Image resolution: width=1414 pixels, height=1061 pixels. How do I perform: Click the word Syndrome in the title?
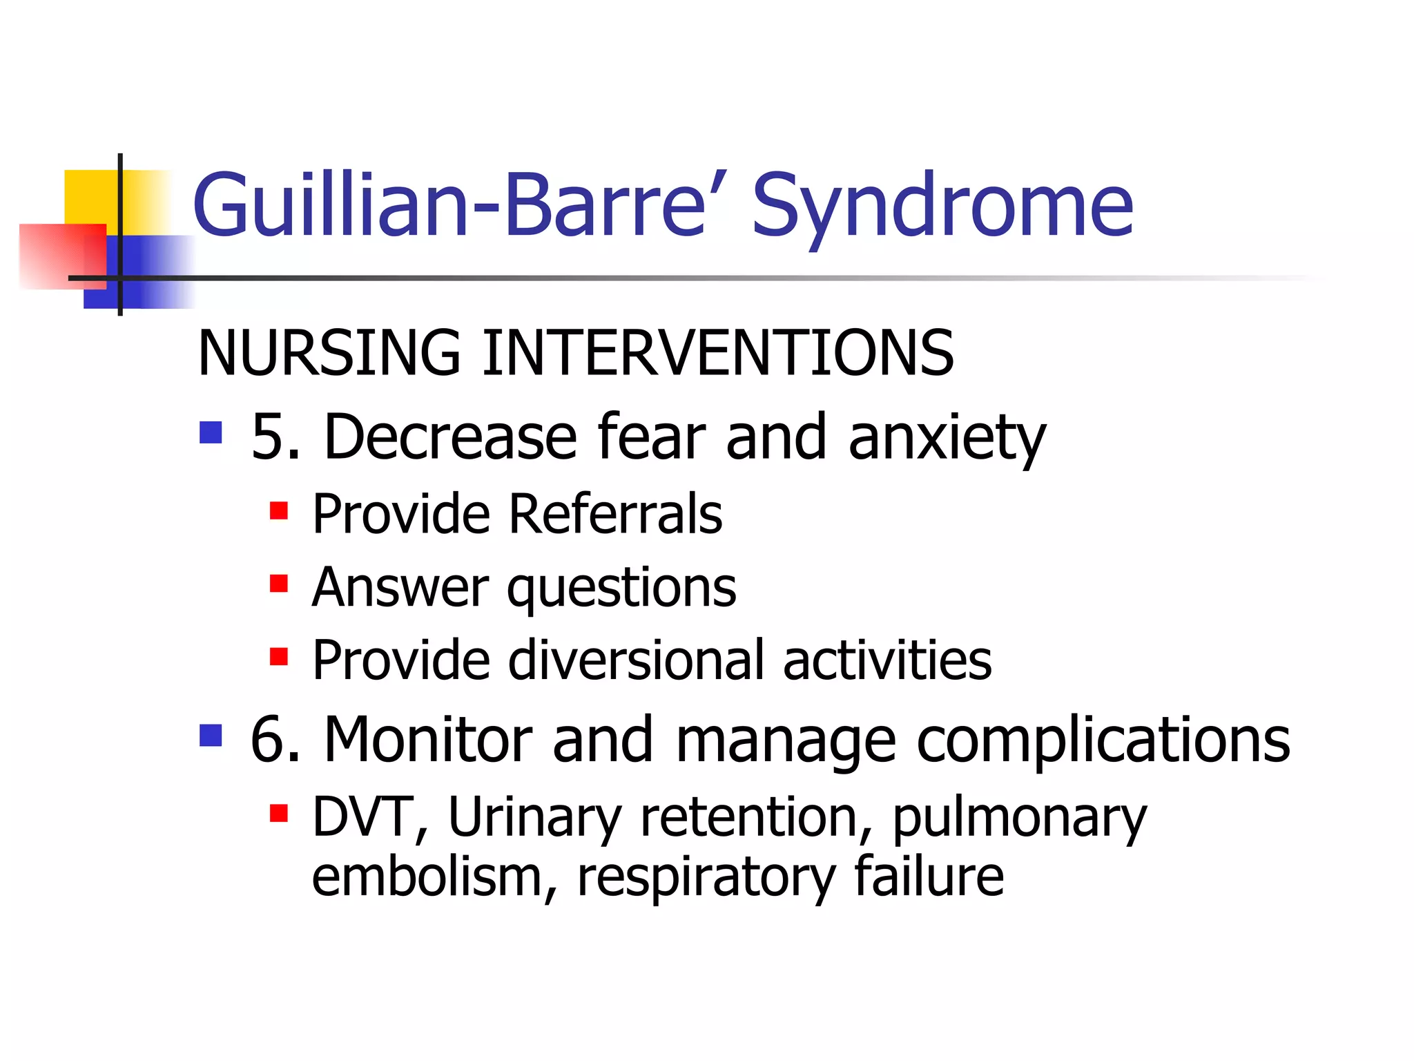pos(942,206)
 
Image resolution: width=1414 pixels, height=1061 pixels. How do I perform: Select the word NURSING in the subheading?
pos(329,354)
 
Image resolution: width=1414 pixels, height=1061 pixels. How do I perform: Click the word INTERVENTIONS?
pos(718,354)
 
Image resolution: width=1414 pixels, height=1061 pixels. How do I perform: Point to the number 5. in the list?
pos(275,437)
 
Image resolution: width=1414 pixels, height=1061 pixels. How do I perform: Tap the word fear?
pos(652,437)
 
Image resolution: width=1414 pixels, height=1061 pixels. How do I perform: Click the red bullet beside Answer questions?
pos(279,584)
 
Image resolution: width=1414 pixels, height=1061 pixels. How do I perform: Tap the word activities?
pos(887,661)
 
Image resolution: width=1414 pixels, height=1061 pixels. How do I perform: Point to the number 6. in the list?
pos(275,740)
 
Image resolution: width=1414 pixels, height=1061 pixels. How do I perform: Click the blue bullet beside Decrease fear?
pos(211,433)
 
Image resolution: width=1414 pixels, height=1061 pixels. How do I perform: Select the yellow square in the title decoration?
pos(90,195)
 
